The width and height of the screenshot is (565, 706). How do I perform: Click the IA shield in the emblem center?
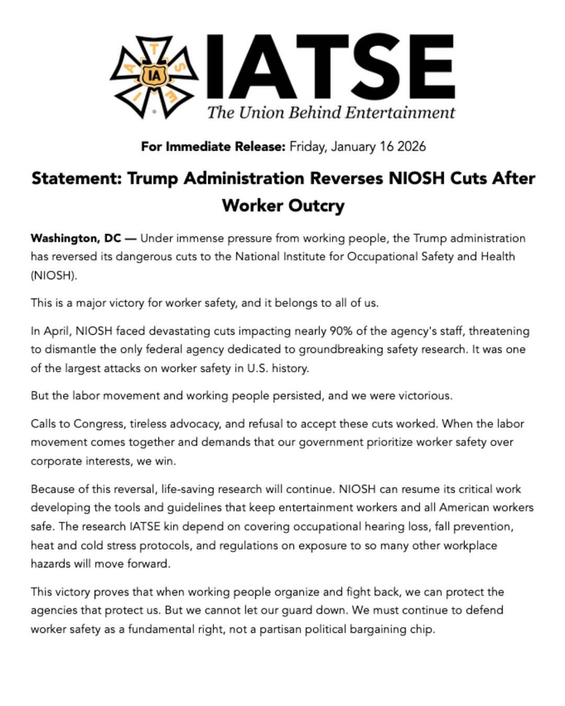154,76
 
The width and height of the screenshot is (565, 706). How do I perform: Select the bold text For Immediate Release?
213,146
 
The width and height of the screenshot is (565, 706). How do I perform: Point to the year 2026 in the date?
411,146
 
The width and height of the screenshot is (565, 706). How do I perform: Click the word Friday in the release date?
308,146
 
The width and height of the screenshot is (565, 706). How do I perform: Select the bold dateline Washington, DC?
76,238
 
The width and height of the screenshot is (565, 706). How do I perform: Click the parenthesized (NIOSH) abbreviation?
53,276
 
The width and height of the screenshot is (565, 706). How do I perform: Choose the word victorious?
425,396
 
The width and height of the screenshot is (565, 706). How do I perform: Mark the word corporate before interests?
55,461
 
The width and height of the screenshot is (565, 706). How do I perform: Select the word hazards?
51,564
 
